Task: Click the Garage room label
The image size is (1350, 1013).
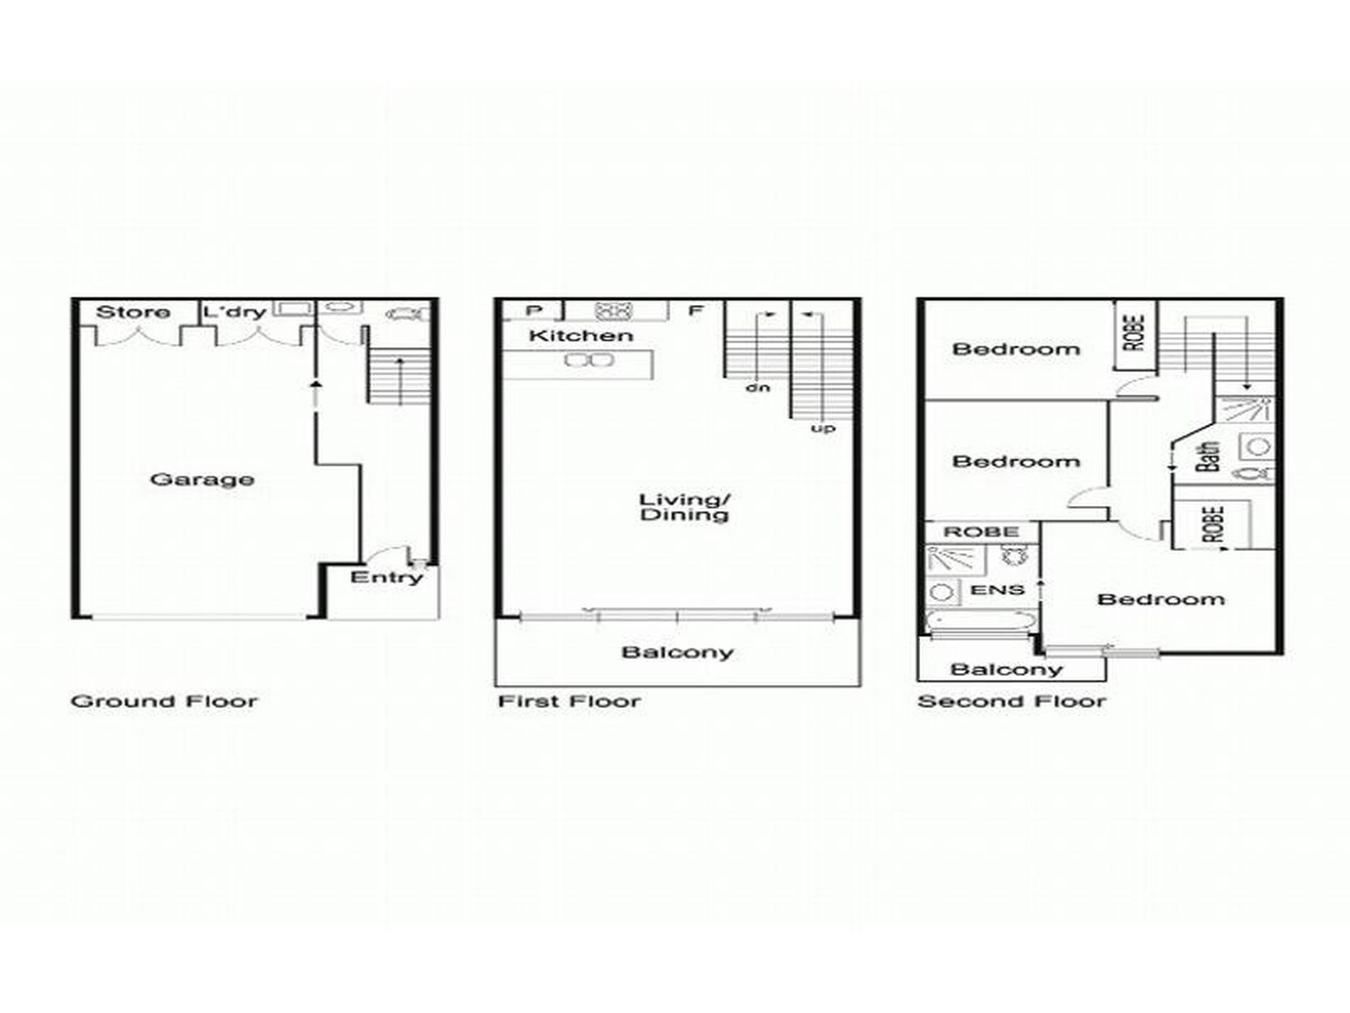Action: click(x=202, y=480)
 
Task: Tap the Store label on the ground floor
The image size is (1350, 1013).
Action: click(x=133, y=312)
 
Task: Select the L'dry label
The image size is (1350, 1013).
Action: click(x=234, y=312)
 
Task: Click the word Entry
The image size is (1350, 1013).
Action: click(x=387, y=577)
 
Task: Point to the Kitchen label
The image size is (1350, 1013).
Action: click(x=580, y=336)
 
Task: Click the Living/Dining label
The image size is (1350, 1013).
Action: click(x=684, y=507)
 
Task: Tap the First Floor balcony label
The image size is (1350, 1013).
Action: click(x=677, y=653)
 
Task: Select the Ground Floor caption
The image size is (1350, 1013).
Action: click(x=164, y=702)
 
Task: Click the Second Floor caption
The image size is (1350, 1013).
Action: click(x=1012, y=702)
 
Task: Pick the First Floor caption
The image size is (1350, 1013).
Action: click(x=569, y=702)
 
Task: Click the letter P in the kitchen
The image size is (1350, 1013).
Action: click(x=534, y=311)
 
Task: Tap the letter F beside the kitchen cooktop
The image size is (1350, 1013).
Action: click(x=696, y=310)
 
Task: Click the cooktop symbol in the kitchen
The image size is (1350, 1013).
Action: click(x=614, y=311)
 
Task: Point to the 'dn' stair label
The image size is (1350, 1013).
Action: click(x=757, y=388)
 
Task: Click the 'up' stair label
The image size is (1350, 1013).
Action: click(x=823, y=429)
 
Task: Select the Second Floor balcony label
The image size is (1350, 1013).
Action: click(x=1006, y=669)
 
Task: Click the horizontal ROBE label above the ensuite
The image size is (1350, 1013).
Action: click(x=981, y=532)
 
